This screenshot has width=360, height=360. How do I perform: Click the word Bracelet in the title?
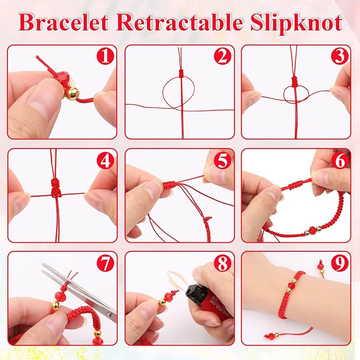pos(69,23)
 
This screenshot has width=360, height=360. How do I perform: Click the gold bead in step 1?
pos(71,93)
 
